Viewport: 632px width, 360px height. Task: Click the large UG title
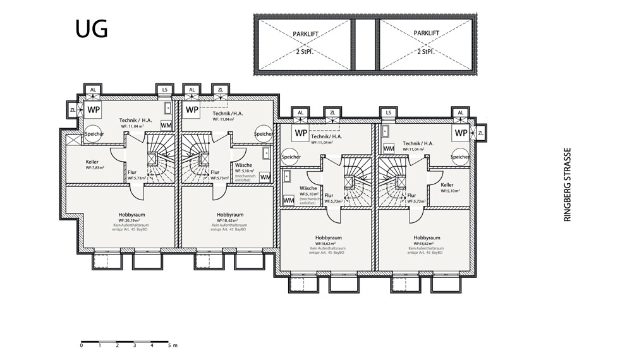91,28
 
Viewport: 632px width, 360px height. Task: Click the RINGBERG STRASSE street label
567,184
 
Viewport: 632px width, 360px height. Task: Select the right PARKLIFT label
425,33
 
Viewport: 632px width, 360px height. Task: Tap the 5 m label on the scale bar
171,345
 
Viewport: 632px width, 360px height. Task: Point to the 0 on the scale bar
82,345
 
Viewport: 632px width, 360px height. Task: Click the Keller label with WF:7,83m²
92,162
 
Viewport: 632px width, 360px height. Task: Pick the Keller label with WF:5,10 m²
447,185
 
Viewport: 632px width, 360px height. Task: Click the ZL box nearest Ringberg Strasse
481,133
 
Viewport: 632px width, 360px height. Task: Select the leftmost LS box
166,90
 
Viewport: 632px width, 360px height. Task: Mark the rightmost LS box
388,112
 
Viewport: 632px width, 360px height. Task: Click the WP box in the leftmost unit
94,109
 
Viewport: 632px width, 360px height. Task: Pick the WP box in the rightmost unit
461,133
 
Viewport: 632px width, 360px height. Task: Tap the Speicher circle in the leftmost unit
94,134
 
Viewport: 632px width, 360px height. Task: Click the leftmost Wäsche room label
243,165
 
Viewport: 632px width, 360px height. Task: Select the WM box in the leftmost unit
166,125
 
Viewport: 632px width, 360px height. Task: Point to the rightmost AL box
461,112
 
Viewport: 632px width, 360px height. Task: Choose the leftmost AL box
93,90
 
